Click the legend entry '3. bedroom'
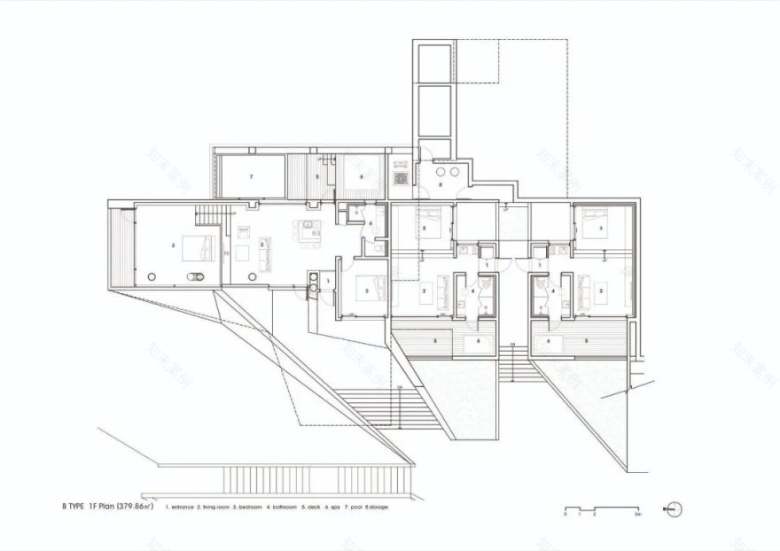point(248,507)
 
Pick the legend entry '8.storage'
point(375,507)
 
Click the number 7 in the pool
point(252,177)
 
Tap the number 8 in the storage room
point(440,185)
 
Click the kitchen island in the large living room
point(307,235)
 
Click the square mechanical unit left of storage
point(401,177)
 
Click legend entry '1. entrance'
point(179,507)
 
